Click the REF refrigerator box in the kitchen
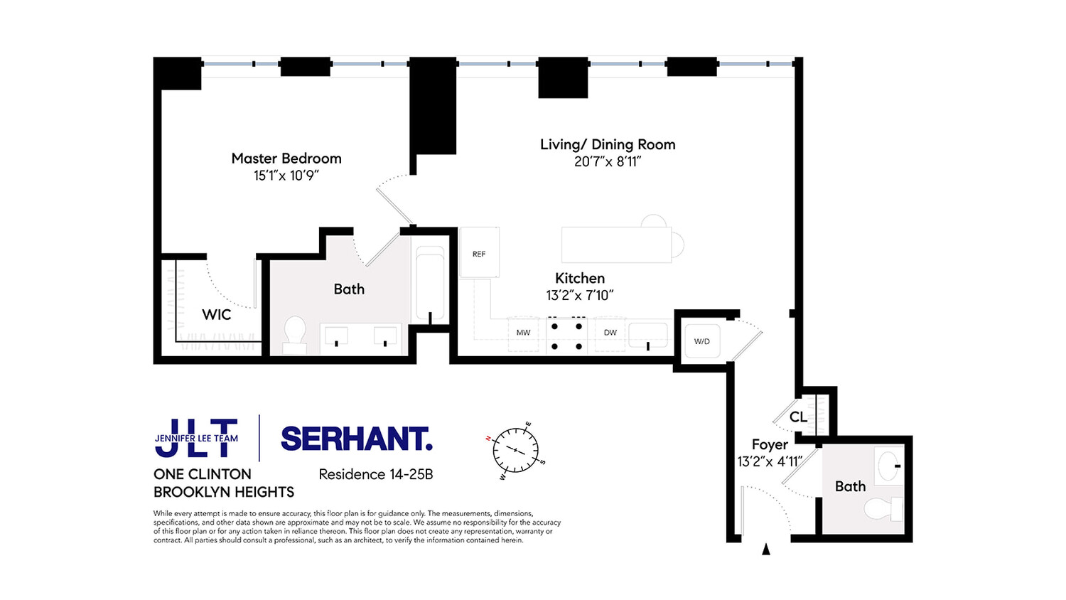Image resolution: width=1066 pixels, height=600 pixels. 479,253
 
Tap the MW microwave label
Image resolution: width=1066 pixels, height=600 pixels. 523,333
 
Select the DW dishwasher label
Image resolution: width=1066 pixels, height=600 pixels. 610,333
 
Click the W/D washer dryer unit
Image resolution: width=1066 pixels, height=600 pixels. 701,341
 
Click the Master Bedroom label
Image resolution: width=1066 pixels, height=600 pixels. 286,159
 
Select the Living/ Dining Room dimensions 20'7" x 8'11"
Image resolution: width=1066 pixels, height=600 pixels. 608,162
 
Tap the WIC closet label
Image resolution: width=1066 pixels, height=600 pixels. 216,315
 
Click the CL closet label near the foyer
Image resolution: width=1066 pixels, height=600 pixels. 798,417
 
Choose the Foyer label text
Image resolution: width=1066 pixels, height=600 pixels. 770,444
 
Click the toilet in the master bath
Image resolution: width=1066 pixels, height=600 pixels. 295,334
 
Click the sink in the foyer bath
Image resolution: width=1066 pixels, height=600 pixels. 888,466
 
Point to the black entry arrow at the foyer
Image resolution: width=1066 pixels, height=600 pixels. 766,549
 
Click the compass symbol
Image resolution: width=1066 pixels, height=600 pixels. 515,451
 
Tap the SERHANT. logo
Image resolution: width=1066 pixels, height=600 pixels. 357,439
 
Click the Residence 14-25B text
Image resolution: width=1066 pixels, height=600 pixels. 375,474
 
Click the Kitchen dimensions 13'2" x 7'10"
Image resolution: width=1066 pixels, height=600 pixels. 579,296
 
